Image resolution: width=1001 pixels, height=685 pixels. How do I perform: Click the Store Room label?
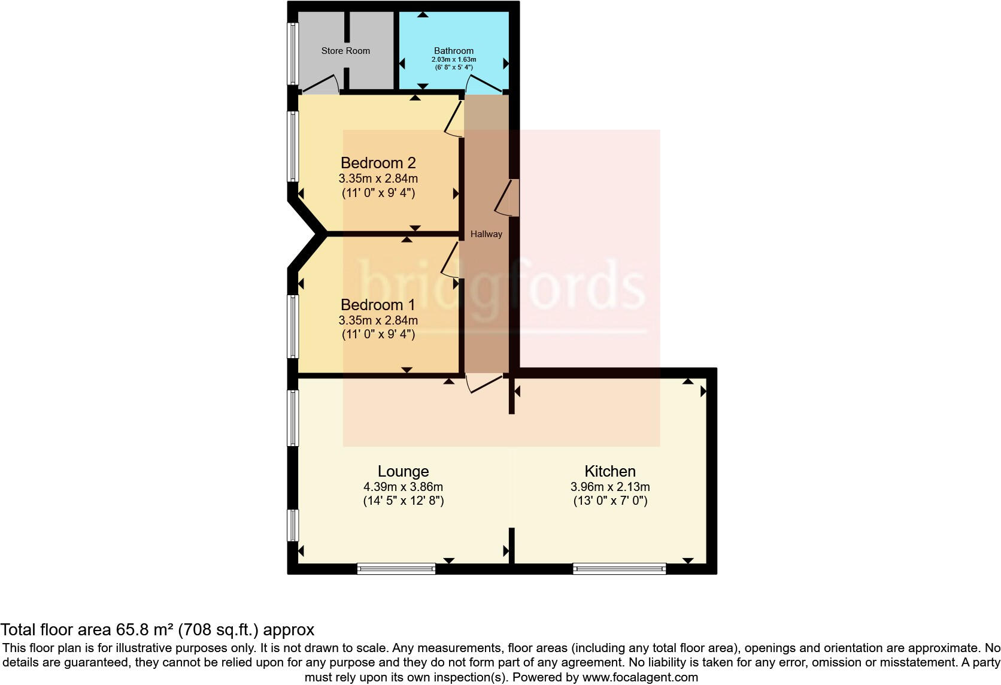345,51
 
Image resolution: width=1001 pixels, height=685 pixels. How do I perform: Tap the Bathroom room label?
454,51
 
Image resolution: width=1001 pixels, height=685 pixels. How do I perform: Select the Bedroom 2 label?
378,163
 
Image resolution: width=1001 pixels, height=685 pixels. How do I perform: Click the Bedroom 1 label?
378,305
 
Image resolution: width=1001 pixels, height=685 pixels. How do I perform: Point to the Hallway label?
486,234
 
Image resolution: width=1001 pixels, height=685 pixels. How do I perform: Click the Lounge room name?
403,471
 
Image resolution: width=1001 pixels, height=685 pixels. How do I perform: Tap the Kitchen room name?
610,471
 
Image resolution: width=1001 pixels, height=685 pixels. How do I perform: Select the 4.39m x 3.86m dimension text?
403,487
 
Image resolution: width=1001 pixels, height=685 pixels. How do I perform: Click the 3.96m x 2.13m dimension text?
610,487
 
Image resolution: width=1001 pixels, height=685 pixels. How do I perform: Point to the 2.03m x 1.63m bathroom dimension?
454,60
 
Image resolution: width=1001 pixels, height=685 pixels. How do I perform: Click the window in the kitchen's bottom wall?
619,568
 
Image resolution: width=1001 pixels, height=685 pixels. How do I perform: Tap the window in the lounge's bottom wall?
396,568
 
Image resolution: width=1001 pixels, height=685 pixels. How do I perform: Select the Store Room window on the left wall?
293,53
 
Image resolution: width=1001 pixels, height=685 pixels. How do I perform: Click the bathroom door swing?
484,86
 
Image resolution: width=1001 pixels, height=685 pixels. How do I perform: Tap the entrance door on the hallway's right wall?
508,198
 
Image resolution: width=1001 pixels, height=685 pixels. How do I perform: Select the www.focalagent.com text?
640,678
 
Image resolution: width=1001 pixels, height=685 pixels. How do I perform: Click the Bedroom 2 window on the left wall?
293,146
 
